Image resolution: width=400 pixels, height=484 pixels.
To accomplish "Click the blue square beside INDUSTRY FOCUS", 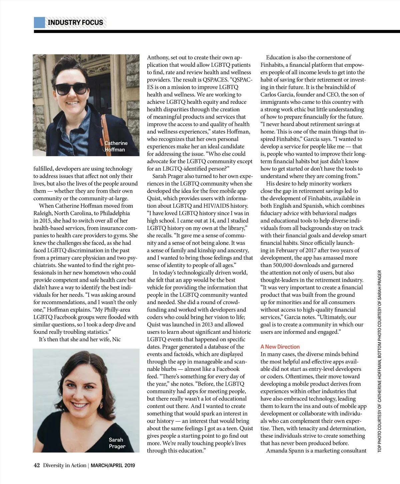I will point(39,22).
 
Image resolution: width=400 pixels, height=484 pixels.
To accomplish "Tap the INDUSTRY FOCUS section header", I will point(75,22).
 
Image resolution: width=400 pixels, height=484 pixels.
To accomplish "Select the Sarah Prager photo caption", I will point(117,443).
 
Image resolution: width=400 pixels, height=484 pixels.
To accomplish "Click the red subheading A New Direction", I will point(280,347).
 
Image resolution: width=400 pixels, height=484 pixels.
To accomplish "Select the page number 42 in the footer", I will point(37,465).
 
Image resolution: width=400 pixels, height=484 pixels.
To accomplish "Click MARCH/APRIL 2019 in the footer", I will point(113,465).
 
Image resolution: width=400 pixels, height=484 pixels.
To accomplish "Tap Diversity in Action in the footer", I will point(65,465).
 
